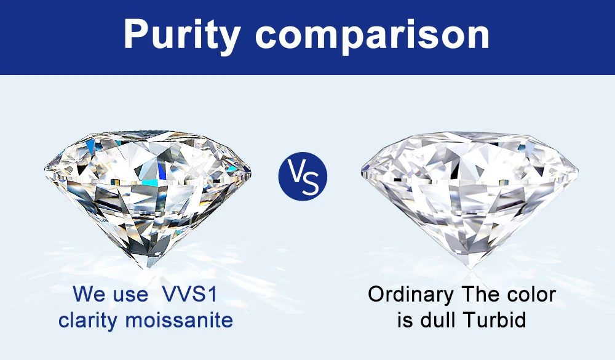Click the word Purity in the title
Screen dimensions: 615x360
coord(182,34)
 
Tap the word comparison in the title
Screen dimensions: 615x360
coord(372,35)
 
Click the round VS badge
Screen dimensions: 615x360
coord(303,176)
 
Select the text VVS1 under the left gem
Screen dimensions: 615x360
coord(189,294)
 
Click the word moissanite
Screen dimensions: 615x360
coord(179,320)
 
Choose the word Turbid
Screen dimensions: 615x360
coord(494,320)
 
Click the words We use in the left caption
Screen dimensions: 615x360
coord(110,294)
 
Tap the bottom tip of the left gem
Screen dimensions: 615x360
coord(148,268)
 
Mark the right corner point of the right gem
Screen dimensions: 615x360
coord(578,170)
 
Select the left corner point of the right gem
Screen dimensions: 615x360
coord(361,172)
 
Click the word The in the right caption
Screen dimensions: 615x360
coord(480,294)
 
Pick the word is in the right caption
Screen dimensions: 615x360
coord(405,320)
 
